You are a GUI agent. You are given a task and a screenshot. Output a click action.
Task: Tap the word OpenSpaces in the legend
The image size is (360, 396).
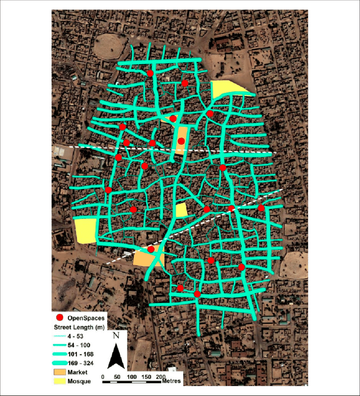pyautogui.click(x=86, y=318)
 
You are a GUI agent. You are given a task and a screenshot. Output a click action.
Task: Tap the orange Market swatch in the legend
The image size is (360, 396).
pyautogui.click(x=61, y=372)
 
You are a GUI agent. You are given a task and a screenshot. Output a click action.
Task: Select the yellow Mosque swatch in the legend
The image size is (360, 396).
pyautogui.click(x=61, y=381)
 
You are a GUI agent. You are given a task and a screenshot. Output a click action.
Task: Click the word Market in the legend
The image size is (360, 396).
pyautogui.click(x=78, y=372)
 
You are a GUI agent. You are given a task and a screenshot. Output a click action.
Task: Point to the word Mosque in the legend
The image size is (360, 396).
pyautogui.click(x=79, y=381)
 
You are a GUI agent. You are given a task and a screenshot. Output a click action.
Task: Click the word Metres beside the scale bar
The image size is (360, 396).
pyautogui.click(x=172, y=381)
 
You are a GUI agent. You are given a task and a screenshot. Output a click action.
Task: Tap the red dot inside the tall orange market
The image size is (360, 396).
pyautogui.click(x=181, y=141)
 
